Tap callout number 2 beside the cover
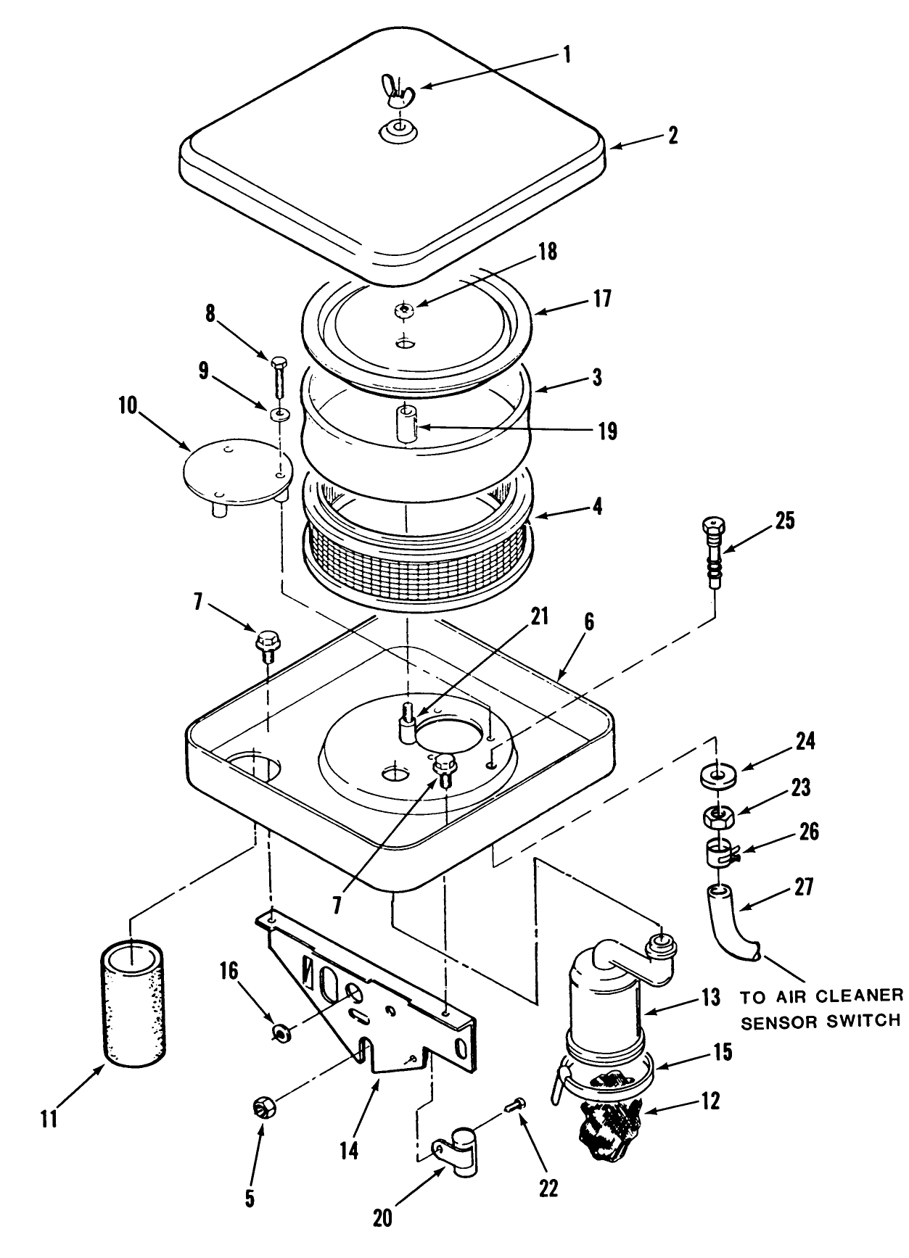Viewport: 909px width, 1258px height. pyautogui.click(x=673, y=135)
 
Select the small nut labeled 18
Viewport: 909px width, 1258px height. pyautogui.click(x=404, y=311)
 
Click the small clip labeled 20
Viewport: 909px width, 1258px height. pyautogui.click(x=456, y=1146)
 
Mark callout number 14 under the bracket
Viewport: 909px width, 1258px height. pyautogui.click(x=349, y=1150)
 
